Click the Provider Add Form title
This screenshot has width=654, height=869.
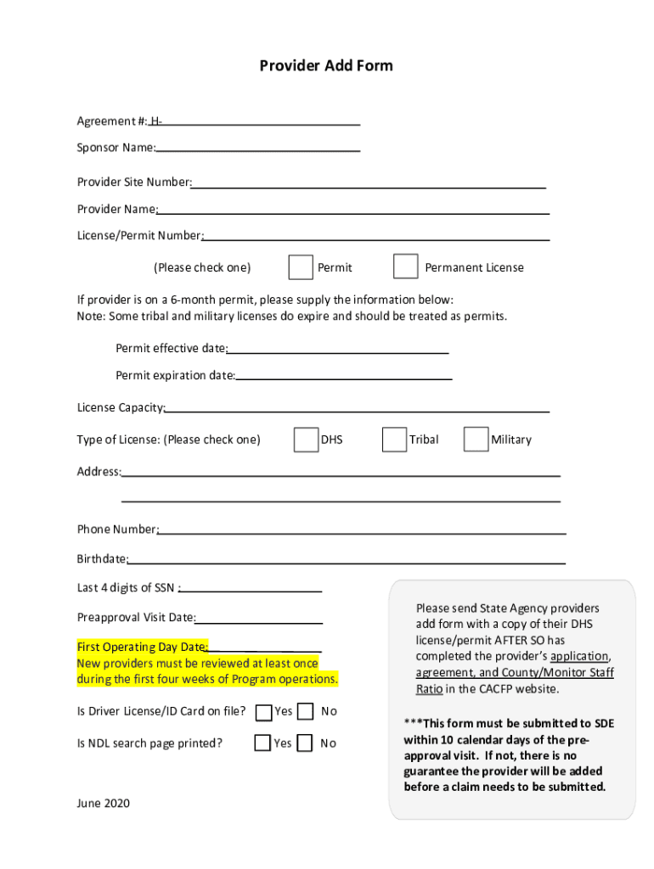pyautogui.click(x=326, y=66)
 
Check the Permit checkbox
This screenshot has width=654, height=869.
pyautogui.click(x=301, y=266)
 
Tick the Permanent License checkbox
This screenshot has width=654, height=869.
pyautogui.click(x=405, y=266)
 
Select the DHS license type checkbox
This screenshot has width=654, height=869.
pyautogui.click(x=306, y=440)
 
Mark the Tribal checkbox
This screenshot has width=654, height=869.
pyautogui.click(x=394, y=440)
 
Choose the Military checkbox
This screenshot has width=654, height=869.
pyautogui.click(x=476, y=440)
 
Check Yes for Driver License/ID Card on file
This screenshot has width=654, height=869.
pyautogui.click(x=264, y=711)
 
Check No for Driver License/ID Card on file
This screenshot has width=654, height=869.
pyautogui.click(x=306, y=711)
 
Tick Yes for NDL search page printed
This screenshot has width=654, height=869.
pyautogui.click(x=262, y=743)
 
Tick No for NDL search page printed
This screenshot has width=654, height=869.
pyautogui.click(x=306, y=743)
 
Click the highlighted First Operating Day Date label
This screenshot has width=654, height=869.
pyautogui.click(x=142, y=648)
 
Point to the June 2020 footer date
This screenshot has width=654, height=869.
pyautogui.click(x=104, y=803)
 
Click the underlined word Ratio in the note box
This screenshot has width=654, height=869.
pyautogui.click(x=429, y=689)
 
